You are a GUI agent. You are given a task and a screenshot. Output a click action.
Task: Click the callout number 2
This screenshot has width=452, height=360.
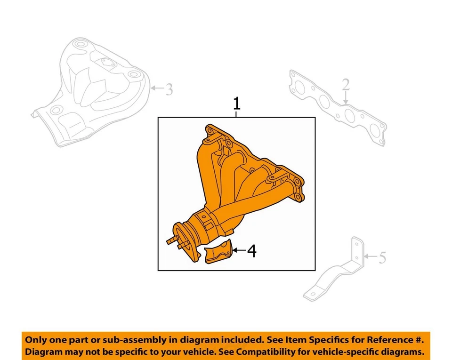click(346, 85)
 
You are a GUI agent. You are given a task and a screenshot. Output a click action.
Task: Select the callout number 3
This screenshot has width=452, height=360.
click(169, 88)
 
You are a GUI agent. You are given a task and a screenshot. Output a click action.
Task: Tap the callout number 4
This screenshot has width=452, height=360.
click(252, 251)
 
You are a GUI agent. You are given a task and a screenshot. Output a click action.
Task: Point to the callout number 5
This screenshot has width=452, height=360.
click(382, 257)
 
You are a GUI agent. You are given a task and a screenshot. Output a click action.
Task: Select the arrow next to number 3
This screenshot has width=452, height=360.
click(157, 88)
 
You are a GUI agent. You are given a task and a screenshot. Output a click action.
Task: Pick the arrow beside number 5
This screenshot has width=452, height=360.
click(370, 257)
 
